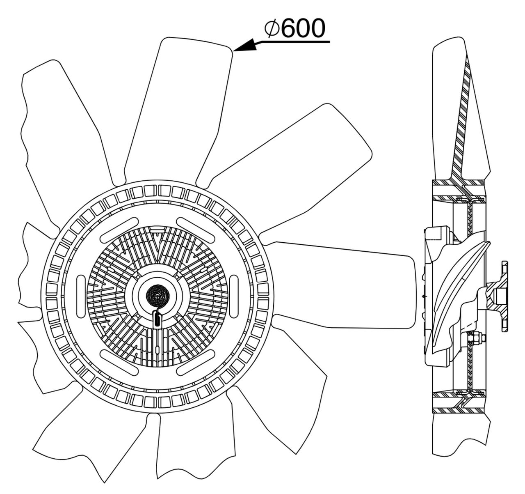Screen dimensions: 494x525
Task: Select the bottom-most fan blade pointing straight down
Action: (193, 448)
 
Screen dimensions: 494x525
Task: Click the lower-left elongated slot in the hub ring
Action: (119, 362)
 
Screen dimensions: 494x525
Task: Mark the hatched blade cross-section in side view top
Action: (461, 123)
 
